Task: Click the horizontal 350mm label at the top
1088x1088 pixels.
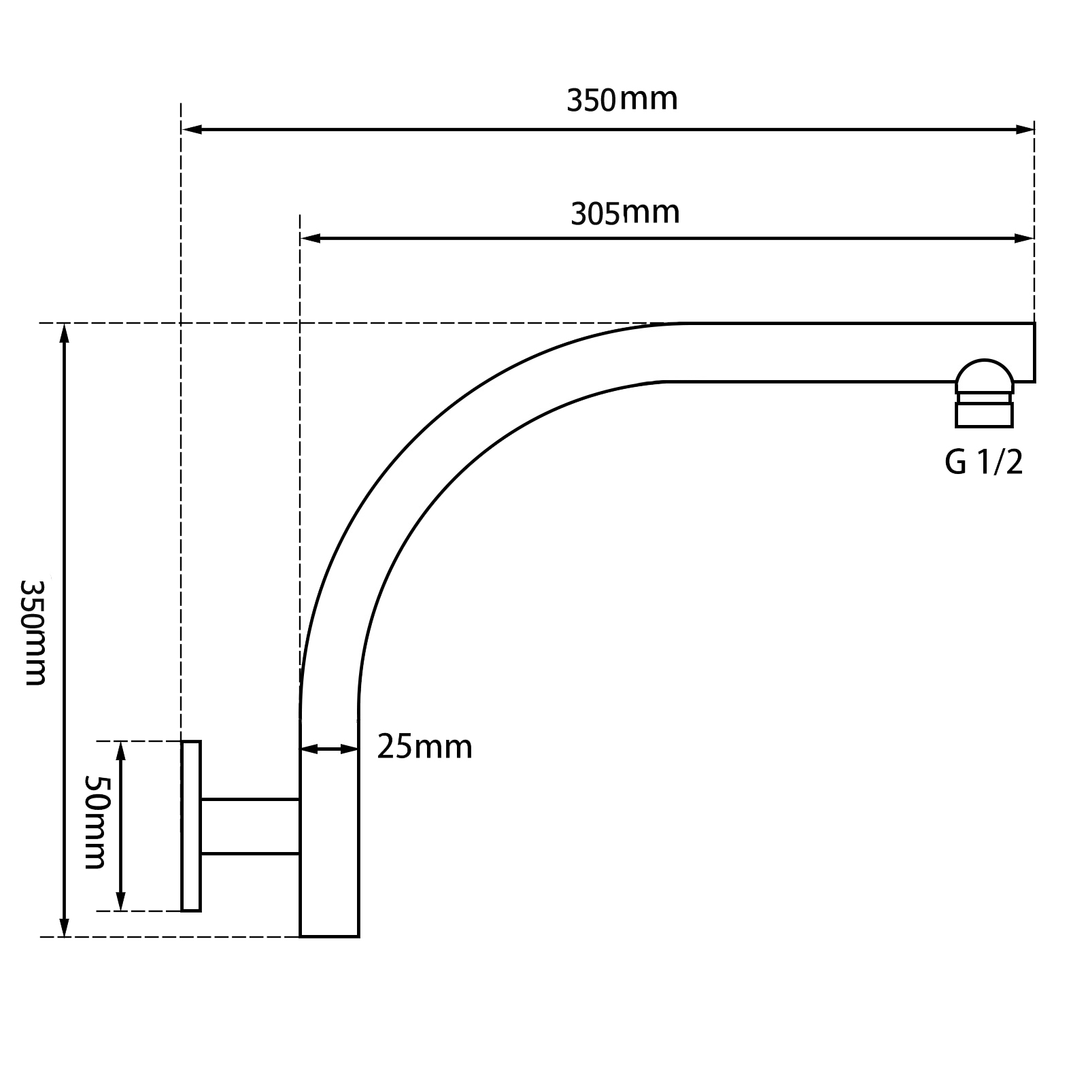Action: [622, 100]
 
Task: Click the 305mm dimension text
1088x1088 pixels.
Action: [624, 214]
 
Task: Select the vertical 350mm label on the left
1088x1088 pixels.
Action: [34, 632]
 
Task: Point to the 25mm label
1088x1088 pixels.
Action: [424, 747]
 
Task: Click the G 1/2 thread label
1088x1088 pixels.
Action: [983, 463]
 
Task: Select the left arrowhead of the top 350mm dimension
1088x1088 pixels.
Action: [192, 129]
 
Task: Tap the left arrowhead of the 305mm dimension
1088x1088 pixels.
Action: [310, 239]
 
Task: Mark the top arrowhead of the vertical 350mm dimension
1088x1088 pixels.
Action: [65, 333]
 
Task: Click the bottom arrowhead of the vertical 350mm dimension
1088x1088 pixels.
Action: [65, 927]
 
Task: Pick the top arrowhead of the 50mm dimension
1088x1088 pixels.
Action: [121, 751]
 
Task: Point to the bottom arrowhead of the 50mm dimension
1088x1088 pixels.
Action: [121, 902]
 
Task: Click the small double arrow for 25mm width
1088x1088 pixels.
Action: [329, 749]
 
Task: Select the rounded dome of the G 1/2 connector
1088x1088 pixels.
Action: [983, 375]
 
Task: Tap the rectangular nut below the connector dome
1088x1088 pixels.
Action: [983, 415]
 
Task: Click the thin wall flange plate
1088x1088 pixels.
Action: [191, 826]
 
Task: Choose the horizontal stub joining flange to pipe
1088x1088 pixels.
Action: [250, 826]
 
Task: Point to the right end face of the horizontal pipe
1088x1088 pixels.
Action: [1034, 352]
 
